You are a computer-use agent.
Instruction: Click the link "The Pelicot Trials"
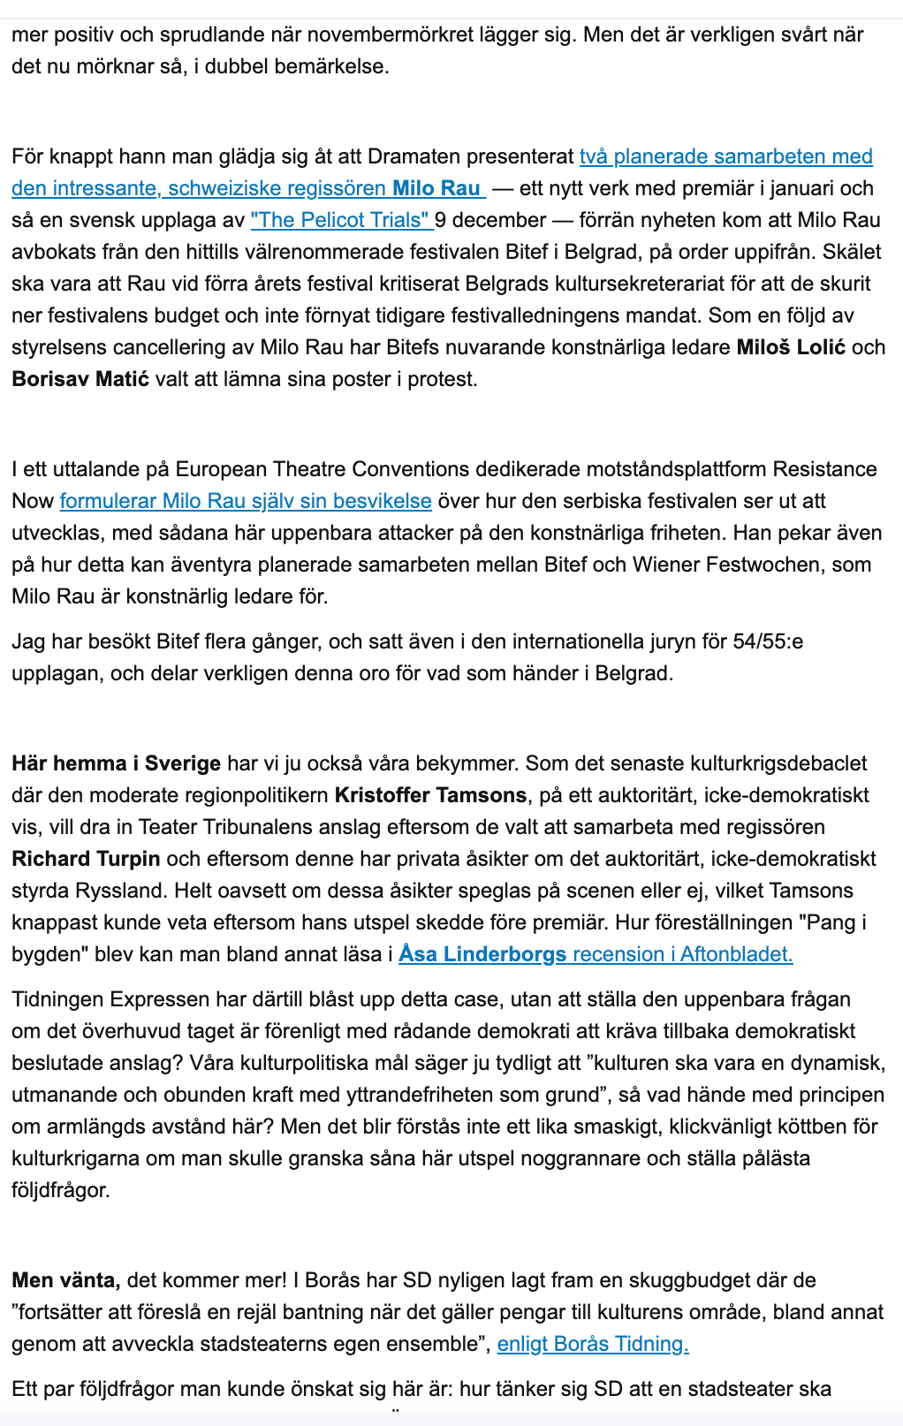point(340,220)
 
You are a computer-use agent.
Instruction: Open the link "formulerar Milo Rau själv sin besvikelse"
point(246,501)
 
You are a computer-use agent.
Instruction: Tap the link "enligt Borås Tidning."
point(593,1344)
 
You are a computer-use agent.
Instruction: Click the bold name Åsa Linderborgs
point(482,954)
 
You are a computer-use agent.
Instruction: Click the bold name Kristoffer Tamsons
point(430,795)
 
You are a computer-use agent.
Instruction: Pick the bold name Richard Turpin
point(86,859)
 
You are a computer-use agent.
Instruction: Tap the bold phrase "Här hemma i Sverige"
point(116,763)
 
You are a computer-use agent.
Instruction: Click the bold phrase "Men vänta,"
point(66,1280)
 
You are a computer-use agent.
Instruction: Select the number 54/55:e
point(768,641)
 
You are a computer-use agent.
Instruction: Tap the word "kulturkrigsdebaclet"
point(763,763)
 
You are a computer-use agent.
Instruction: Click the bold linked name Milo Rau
point(436,188)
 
